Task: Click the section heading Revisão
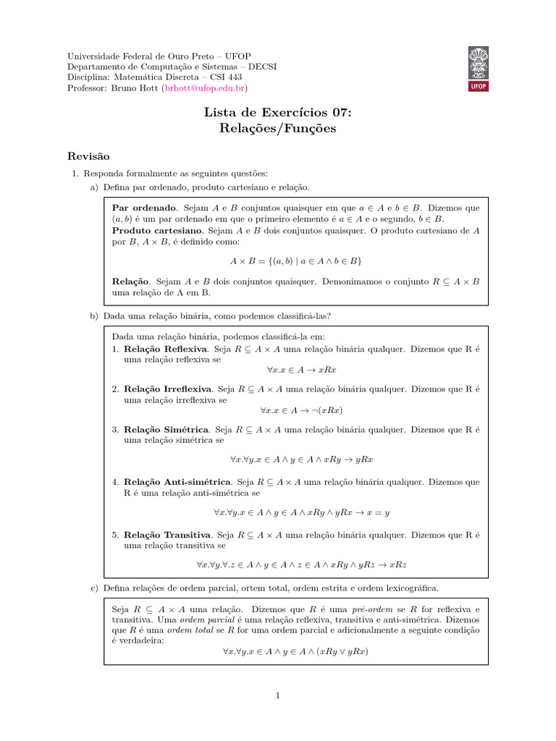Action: coord(88,156)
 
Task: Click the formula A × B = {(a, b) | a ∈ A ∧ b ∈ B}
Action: coord(296,260)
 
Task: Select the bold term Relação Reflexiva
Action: coord(166,348)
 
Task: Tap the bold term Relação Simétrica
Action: coord(167,429)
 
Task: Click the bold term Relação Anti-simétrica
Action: coord(177,481)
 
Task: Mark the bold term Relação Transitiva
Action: coord(167,535)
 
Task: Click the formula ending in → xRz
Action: coord(296,564)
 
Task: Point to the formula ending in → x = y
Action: coord(301,512)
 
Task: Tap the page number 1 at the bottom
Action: coord(277,695)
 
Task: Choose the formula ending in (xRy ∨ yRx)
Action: coord(296,651)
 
